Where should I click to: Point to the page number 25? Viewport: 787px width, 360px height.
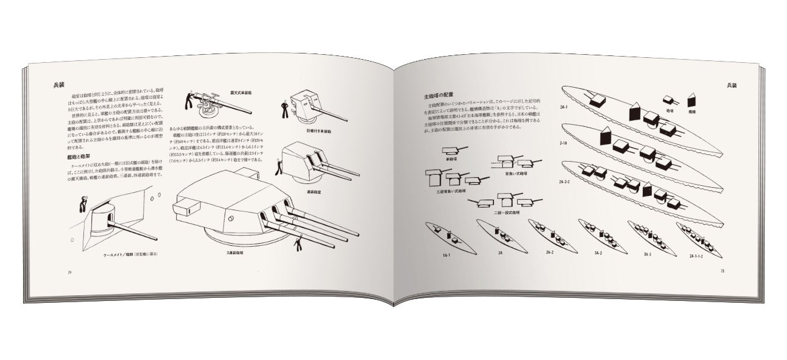[x=722, y=270]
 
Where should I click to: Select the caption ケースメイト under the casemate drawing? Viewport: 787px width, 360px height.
[x=124, y=256]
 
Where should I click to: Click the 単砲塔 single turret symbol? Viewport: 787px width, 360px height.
[x=454, y=152]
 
